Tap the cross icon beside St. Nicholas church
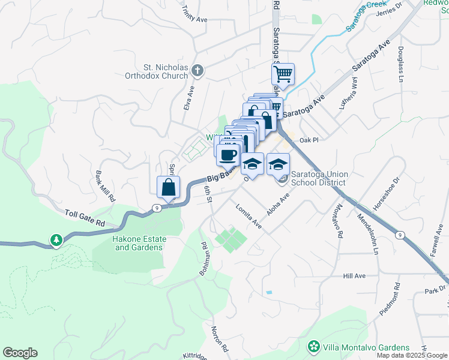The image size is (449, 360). (x=197, y=72)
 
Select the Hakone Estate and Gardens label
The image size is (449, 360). (x=140, y=243)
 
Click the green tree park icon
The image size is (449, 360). (x=56, y=241)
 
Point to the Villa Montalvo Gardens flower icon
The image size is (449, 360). (x=313, y=347)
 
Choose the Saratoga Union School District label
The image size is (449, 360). (x=318, y=179)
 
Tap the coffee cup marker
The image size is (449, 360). (x=228, y=156)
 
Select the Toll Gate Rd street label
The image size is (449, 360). (x=85, y=217)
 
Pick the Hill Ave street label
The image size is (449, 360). (x=354, y=276)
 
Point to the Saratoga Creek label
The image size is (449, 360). (x=367, y=17)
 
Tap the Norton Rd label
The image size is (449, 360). (x=220, y=339)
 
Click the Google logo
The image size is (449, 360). (x=20, y=353)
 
